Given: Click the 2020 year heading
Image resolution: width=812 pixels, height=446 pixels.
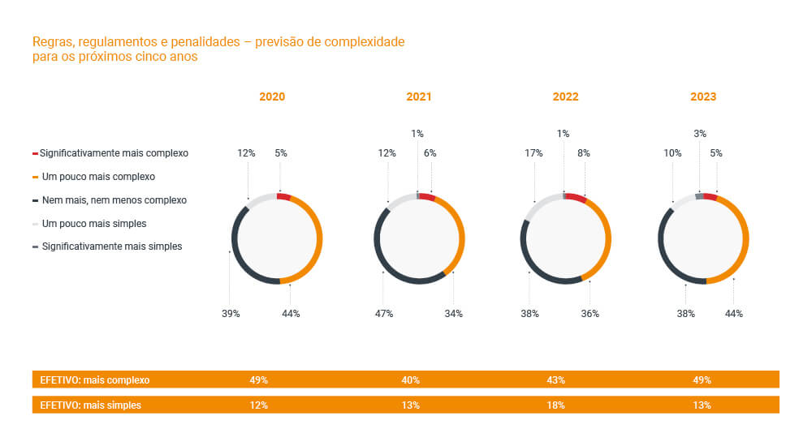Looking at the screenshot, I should coord(272,96).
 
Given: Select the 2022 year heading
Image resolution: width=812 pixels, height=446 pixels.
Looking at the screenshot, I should coord(565,96).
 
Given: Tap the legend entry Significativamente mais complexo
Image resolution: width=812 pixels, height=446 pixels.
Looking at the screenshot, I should coord(114,152).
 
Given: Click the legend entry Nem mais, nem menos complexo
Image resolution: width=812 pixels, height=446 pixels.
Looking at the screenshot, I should coord(114,199).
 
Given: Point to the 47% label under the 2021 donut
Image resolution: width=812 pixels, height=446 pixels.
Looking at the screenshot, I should coord(384,313).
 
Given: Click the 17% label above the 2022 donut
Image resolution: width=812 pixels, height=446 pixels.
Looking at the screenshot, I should coord(533,152).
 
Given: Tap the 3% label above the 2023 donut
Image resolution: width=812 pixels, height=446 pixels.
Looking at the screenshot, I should coord(700,134).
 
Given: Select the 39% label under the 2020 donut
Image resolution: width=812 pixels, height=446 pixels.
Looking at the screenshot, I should coord(231,313).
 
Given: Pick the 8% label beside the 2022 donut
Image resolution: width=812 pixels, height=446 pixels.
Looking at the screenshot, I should coord(583,152).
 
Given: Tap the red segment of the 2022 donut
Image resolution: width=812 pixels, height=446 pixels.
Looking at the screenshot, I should coord(576,198).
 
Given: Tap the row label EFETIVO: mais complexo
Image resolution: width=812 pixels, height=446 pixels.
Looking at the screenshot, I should coord(95,380).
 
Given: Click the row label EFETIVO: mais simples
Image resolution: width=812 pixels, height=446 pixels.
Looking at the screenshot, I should coord(90,405).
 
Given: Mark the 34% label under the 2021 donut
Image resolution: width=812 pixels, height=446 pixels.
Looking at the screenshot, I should coord(453,313).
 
